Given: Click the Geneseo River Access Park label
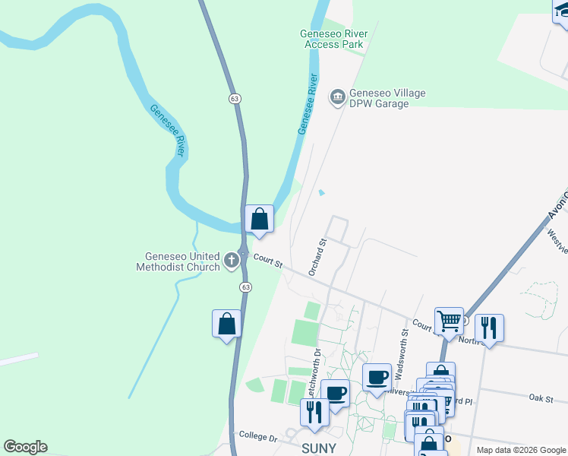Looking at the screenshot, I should coord(334,39).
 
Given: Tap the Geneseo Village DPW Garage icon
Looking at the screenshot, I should coord(337,97).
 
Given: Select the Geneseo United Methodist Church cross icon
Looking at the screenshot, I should coord(232,261).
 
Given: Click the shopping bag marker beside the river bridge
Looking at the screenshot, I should coord(259,219).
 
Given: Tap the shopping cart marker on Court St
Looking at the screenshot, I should coord(449,321).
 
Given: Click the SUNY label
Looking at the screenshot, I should coord(319,448).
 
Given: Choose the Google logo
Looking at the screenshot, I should coord(25,447).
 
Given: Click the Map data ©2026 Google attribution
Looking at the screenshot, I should coord(521,450).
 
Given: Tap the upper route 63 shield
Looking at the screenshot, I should coord(235,98).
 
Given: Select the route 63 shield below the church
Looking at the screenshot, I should coord(245,287).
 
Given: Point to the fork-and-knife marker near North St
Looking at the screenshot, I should coord(488,328).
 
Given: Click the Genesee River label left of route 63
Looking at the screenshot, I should coord(168,130).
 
